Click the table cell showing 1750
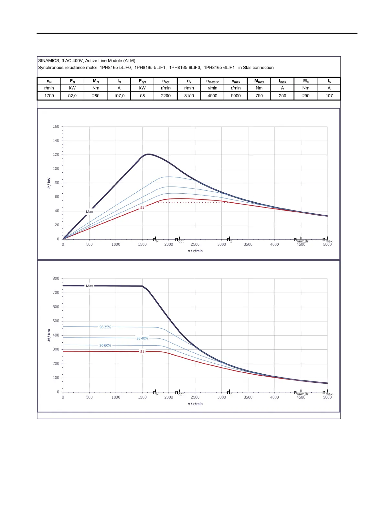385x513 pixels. pos(49,96)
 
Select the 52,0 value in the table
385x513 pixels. pos(72,96)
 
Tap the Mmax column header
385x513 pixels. pos(259,81)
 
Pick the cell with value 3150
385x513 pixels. pos(189,96)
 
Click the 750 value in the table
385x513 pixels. pos(259,96)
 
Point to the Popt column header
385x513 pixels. pos(143,81)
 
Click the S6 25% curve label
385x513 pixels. pos(105,327)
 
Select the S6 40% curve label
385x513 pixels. pos(142,338)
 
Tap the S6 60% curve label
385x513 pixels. pos(105,346)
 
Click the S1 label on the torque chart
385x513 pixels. pos(142,352)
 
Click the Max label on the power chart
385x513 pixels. pos(90,212)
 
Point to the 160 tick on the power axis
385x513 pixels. pos(56,126)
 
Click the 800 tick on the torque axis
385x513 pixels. pos(56,278)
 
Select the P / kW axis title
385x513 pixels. pos(49,183)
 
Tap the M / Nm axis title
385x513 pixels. pos(49,335)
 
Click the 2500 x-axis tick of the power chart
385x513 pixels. pos(195,245)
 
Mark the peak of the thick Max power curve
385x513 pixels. pos(148,154)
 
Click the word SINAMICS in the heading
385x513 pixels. pos(49,61)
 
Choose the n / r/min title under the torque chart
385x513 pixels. pos(195,404)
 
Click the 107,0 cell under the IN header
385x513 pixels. pos(119,96)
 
